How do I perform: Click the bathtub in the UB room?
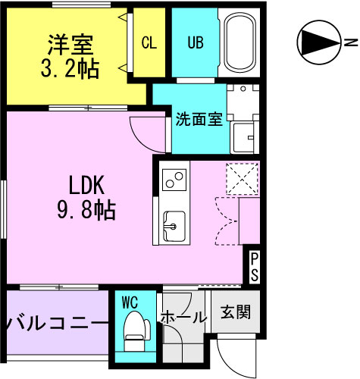(239, 42)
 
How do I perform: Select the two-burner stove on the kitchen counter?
(174, 180)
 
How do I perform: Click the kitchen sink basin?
(174, 226)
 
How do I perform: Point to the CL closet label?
(149, 42)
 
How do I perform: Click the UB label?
(196, 42)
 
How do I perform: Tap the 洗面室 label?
(199, 119)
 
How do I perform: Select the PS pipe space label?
(254, 267)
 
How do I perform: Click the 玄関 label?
(236, 312)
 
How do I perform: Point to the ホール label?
(183, 317)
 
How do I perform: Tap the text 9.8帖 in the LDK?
(86, 210)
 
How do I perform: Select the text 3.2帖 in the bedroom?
(70, 68)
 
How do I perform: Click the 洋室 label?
(70, 45)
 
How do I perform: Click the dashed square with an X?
(243, 179)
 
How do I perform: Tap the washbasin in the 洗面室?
(243, 137)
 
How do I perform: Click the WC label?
(130, 302)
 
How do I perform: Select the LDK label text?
(86, 186)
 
